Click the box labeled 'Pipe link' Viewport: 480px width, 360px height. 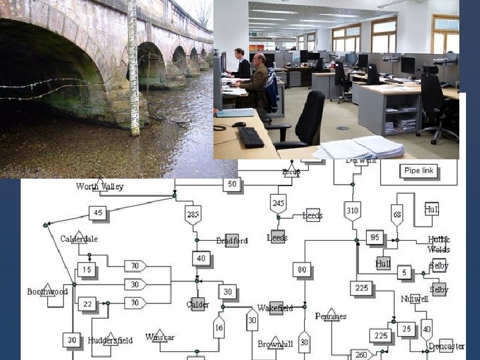pos(419,171)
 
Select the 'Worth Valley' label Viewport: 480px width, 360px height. pos(100,187)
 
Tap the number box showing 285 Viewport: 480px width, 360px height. pos(193,215)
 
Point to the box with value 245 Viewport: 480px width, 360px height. pos(279,203)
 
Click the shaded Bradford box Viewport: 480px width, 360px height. pos(232,241)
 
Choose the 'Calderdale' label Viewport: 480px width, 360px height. pos(79,239)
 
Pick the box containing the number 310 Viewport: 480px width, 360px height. pos(353,211)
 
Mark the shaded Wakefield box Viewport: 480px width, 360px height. pos(275,308)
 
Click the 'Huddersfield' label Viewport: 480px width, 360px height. pos(110,340)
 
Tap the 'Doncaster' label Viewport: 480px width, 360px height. pos(446,346)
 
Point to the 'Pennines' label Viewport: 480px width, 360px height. pos(331,316)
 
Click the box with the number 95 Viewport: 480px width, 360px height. pos(375,238)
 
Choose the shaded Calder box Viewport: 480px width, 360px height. pos(197,305)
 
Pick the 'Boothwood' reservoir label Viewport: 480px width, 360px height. pos(47,292)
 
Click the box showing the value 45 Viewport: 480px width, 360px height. pos(98,213)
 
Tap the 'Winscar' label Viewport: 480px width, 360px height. pos(160,337)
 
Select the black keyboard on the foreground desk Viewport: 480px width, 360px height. pos(251,137)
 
